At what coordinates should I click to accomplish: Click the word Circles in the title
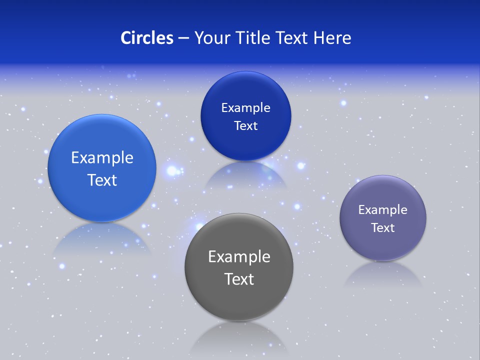tap(146, 38)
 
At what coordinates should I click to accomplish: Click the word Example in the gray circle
tap(239, 257)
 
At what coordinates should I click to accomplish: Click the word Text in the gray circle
tap(239, 279)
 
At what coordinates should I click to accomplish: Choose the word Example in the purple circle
tap(382, 210)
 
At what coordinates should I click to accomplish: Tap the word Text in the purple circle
tap(382, 228)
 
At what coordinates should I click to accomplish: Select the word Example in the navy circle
tap(245, 108)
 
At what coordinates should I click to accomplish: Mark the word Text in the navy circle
tap(245, 126)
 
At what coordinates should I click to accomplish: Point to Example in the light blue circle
tap(102, 158)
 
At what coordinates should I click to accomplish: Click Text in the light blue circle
tap(102, 180)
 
